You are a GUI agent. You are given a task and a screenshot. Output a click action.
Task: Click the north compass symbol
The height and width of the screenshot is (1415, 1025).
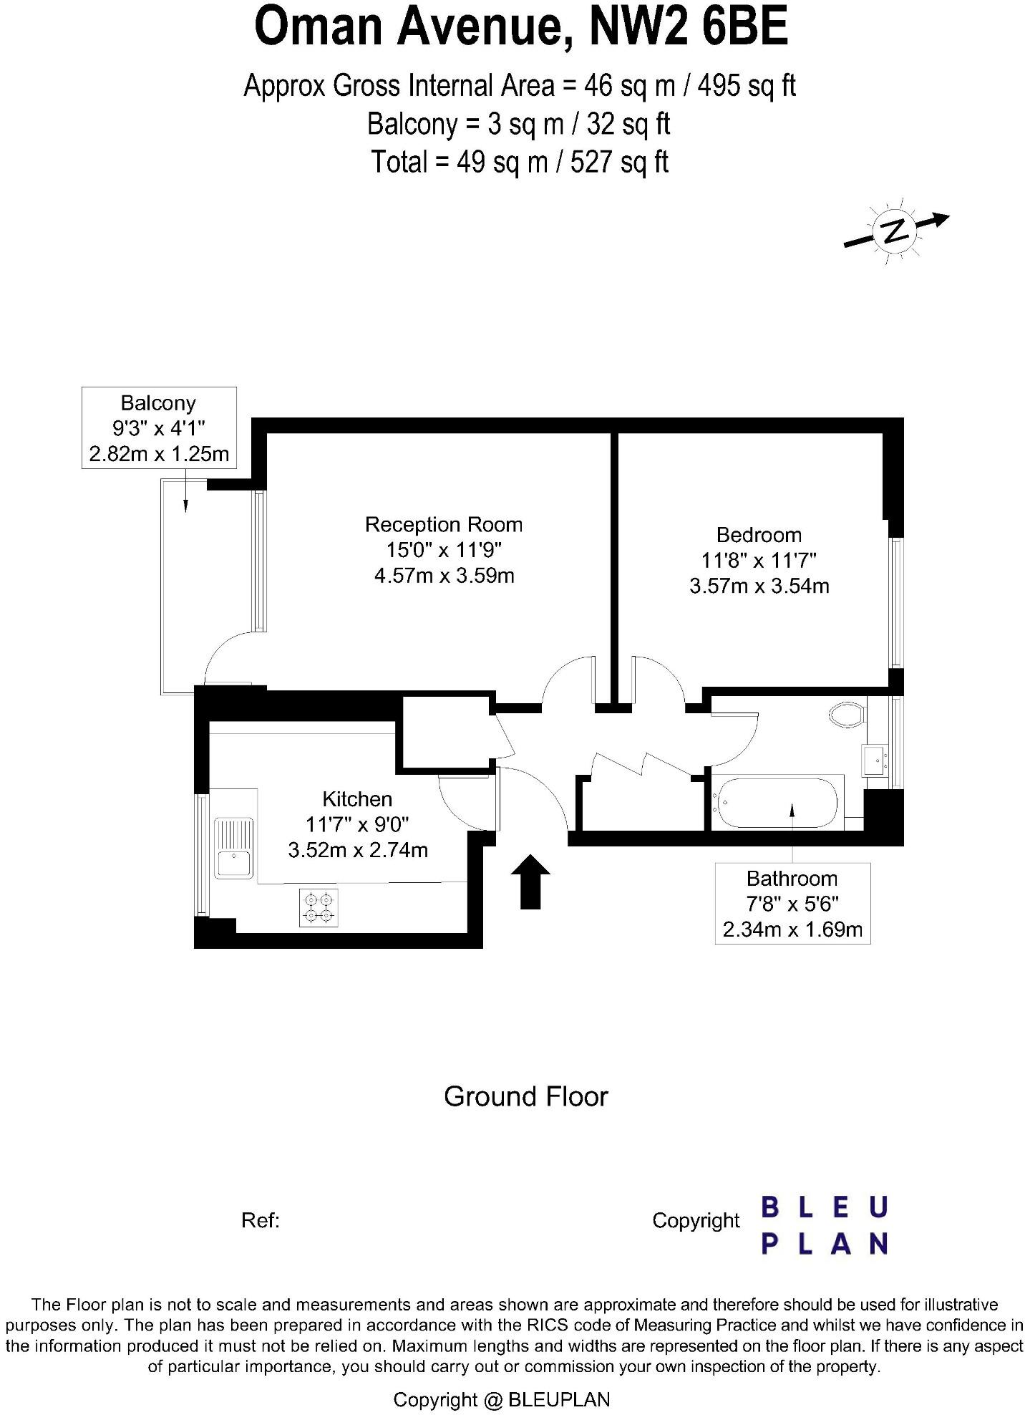pos(895,231)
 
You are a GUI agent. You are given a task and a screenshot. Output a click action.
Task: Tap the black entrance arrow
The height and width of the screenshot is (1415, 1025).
pos(530,882)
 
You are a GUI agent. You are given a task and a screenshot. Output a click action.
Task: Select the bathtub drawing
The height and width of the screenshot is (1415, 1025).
pos(777,802)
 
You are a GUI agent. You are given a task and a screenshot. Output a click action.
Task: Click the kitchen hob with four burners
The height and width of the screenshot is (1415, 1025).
pos(319,907)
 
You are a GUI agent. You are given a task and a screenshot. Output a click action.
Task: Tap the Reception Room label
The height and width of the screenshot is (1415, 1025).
pos(444,525)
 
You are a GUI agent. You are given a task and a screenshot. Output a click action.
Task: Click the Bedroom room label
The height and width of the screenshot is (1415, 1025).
pos(759,535)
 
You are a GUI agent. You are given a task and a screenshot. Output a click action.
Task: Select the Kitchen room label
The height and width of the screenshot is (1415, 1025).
pos(357,799)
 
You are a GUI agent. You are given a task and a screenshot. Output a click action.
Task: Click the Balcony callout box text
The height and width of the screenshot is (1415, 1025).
pos(159,428)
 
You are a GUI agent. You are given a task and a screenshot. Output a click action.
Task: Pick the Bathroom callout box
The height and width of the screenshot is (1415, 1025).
pos(792,904)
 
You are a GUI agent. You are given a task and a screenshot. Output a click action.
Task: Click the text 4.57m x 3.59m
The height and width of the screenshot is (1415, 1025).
pos(444,576)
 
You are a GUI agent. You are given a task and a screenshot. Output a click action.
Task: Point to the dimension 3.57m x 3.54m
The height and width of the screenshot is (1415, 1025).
pos(759,586)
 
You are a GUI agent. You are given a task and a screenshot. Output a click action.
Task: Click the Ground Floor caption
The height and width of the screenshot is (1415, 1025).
pos(525,1097)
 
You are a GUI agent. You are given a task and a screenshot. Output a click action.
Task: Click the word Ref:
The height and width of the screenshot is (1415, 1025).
pos(260,1220)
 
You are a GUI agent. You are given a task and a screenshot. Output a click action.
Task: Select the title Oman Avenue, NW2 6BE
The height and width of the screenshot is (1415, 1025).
pos(521,27)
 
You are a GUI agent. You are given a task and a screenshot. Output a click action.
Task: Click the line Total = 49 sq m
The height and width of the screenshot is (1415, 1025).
pos(520,162)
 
